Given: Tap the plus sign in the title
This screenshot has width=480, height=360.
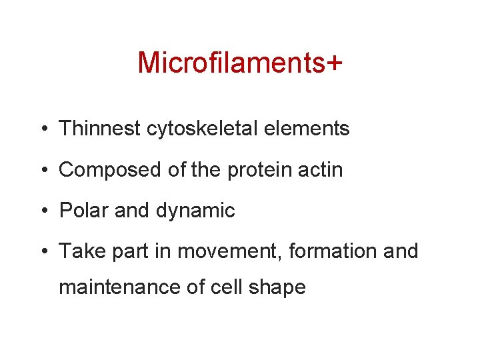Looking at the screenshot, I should coord(334,63).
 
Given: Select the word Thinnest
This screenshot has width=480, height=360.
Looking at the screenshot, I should coord(101,129).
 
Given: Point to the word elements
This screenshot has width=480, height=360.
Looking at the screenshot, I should coord(309,129).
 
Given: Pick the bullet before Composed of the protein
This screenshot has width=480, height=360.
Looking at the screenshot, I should coord(42,171).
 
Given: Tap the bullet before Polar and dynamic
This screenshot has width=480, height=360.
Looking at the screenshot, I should coord(42,211).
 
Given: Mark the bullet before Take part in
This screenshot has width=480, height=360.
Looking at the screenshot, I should coord(42,252).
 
